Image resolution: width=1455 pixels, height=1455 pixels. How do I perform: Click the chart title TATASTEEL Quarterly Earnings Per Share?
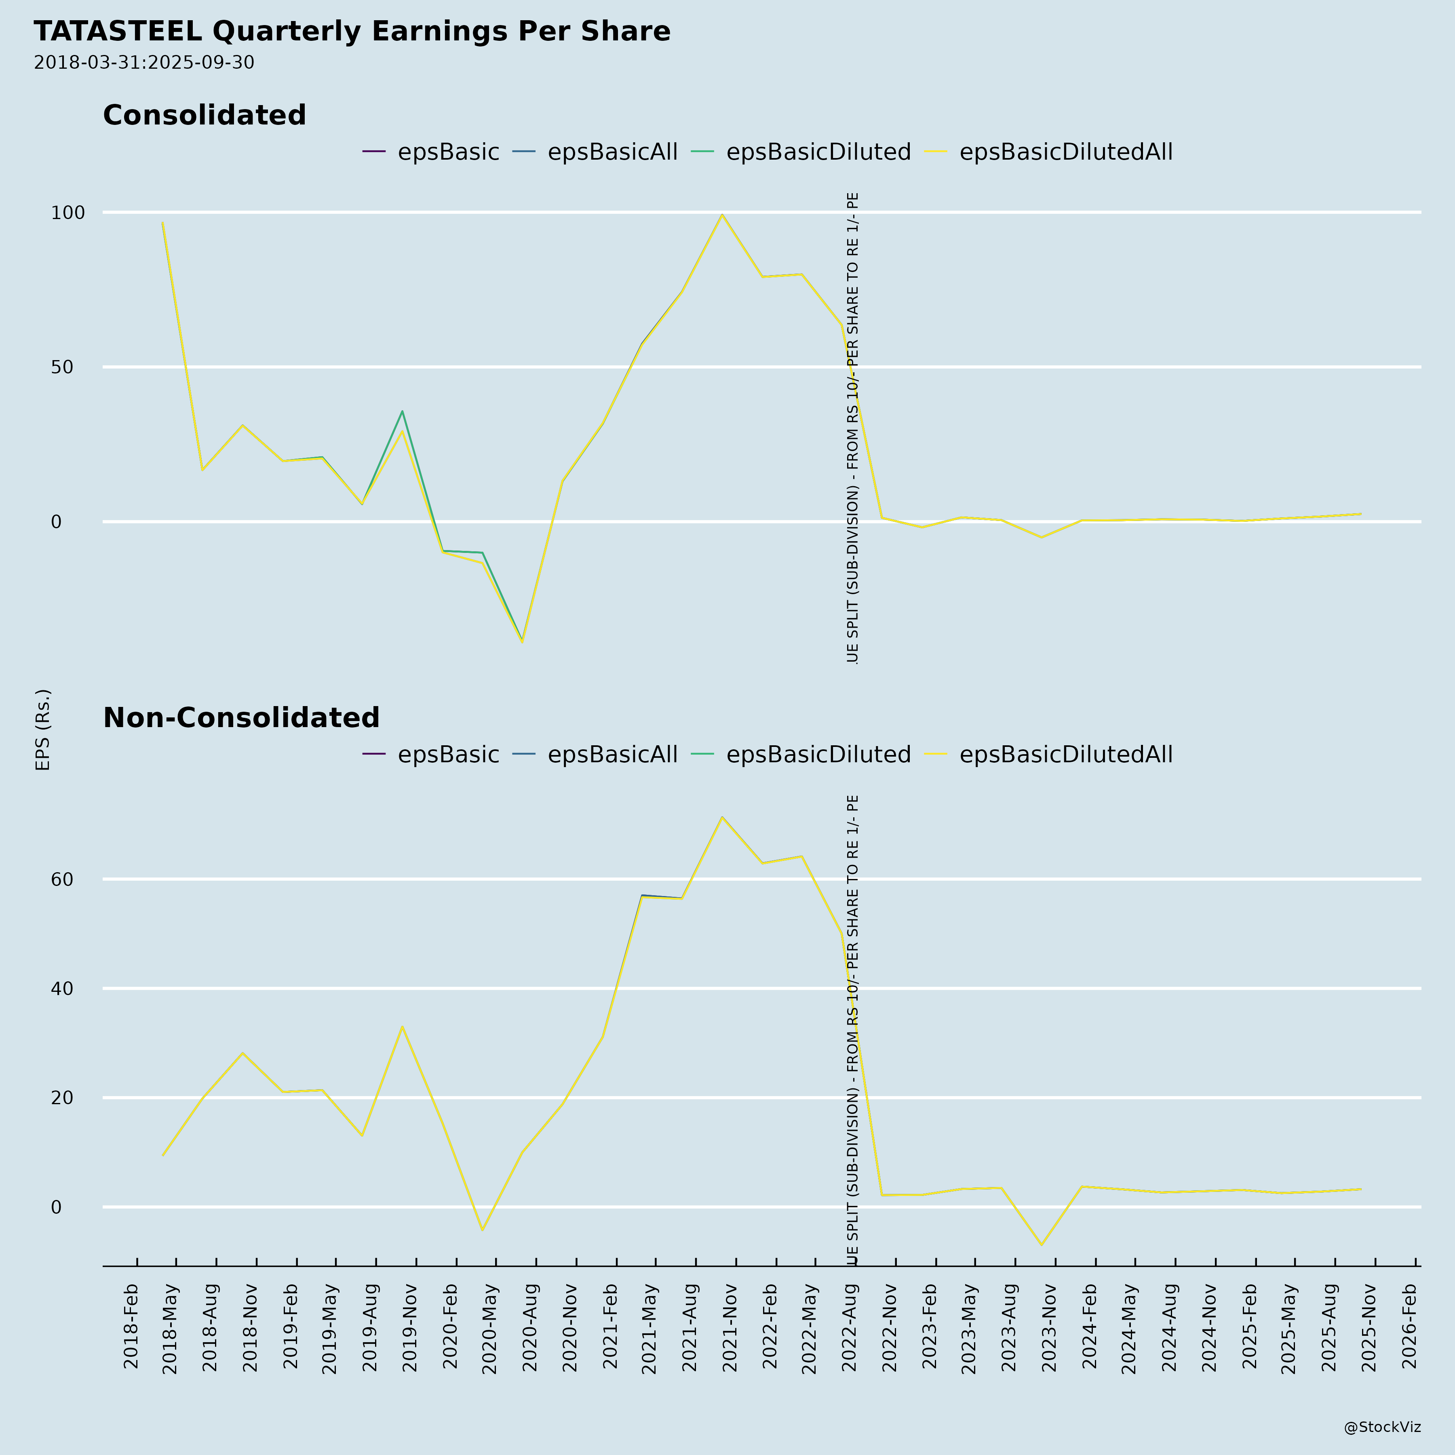point(352,32)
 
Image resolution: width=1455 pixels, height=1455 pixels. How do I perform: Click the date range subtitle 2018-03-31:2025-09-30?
point(144,63)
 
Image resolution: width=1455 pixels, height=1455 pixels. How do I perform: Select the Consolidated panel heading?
point(204,115)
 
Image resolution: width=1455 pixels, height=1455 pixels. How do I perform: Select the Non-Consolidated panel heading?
point(241,718)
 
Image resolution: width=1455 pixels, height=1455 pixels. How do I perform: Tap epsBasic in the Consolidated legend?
point(448,152)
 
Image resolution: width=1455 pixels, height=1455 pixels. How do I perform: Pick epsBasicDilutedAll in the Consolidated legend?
point(1066,152)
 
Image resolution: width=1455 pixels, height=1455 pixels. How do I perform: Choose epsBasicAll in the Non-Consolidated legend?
point(612,755)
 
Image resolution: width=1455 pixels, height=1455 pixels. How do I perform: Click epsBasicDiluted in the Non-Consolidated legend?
point(818,755)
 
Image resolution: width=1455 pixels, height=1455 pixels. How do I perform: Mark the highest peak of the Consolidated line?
point(722,215)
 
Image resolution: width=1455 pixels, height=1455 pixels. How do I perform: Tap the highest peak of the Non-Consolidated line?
point(722,817)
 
